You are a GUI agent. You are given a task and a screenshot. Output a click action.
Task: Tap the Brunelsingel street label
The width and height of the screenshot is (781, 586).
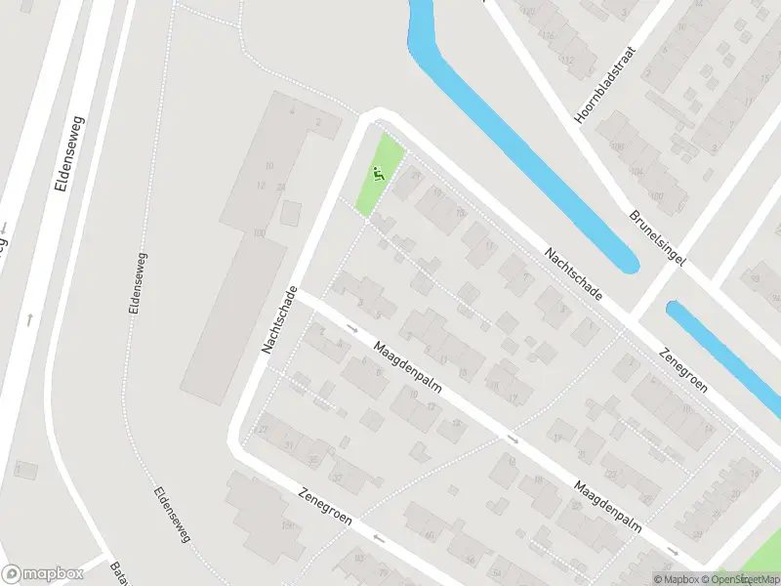658,237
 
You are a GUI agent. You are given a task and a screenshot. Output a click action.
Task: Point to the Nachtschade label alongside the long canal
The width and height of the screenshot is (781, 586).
572,273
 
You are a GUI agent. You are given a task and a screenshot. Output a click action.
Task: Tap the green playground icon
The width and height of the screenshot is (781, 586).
379,175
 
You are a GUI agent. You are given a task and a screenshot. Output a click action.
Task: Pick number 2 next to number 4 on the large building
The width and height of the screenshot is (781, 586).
318,123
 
